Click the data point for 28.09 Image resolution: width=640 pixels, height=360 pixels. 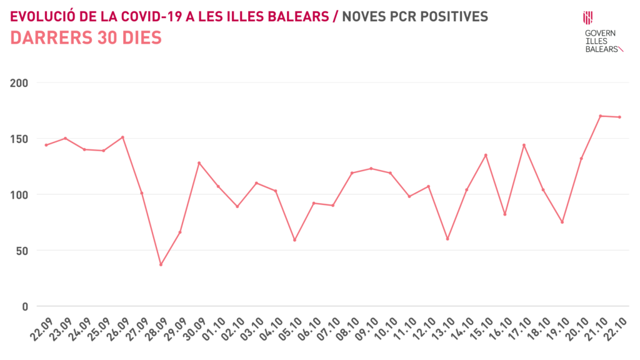pyautogui.click(x=161, y=264)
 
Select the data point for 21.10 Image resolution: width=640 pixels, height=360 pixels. pyautogui.click(x=600, y=116)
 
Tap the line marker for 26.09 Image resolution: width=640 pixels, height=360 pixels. pyautogui.click(x=122, y=137)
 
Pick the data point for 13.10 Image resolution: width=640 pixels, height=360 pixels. pyautogui.click(x=447, y=239)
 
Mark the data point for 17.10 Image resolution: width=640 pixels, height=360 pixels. pyautogui.click(x=524, y=145)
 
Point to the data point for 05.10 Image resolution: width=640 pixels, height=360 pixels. pyautogui.click(x=294, y=240)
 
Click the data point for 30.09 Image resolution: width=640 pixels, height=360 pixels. pyautogui.click(x=199, y=163)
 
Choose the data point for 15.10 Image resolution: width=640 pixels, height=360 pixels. pyautogui.click(x=486, y=155)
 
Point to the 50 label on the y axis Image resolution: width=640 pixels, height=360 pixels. pyautogui.click(x=23, y=251)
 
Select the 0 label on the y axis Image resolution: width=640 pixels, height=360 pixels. pyautogui.click(x=26, y=306)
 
